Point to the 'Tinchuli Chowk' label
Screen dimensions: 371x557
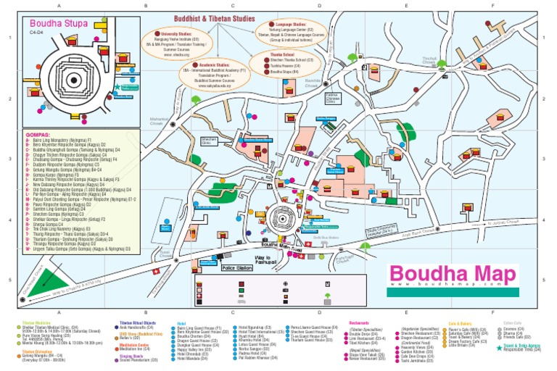pos(431,60)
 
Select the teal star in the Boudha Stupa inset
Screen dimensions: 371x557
pos(115,87)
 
